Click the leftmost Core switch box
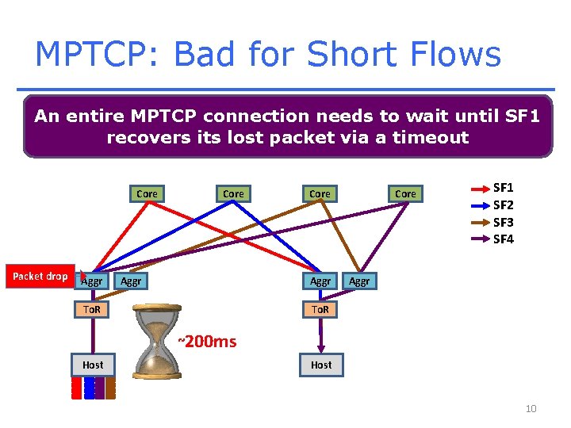coord(147,193)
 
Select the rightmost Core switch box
coord(405,193)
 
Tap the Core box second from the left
coord(233,193)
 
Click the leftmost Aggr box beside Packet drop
coord(92,281)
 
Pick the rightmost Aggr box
coord(359,281)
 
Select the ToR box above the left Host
coord(92,309)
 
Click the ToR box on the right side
coord(320,309)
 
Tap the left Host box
coord(92,365)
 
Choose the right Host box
coord(321,365)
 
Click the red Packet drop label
coord(40,276)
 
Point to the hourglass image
coord(158,348)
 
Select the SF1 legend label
coord(504,188)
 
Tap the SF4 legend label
coord(504,239)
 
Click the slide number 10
coord(531,408)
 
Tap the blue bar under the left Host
coord(89,387)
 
